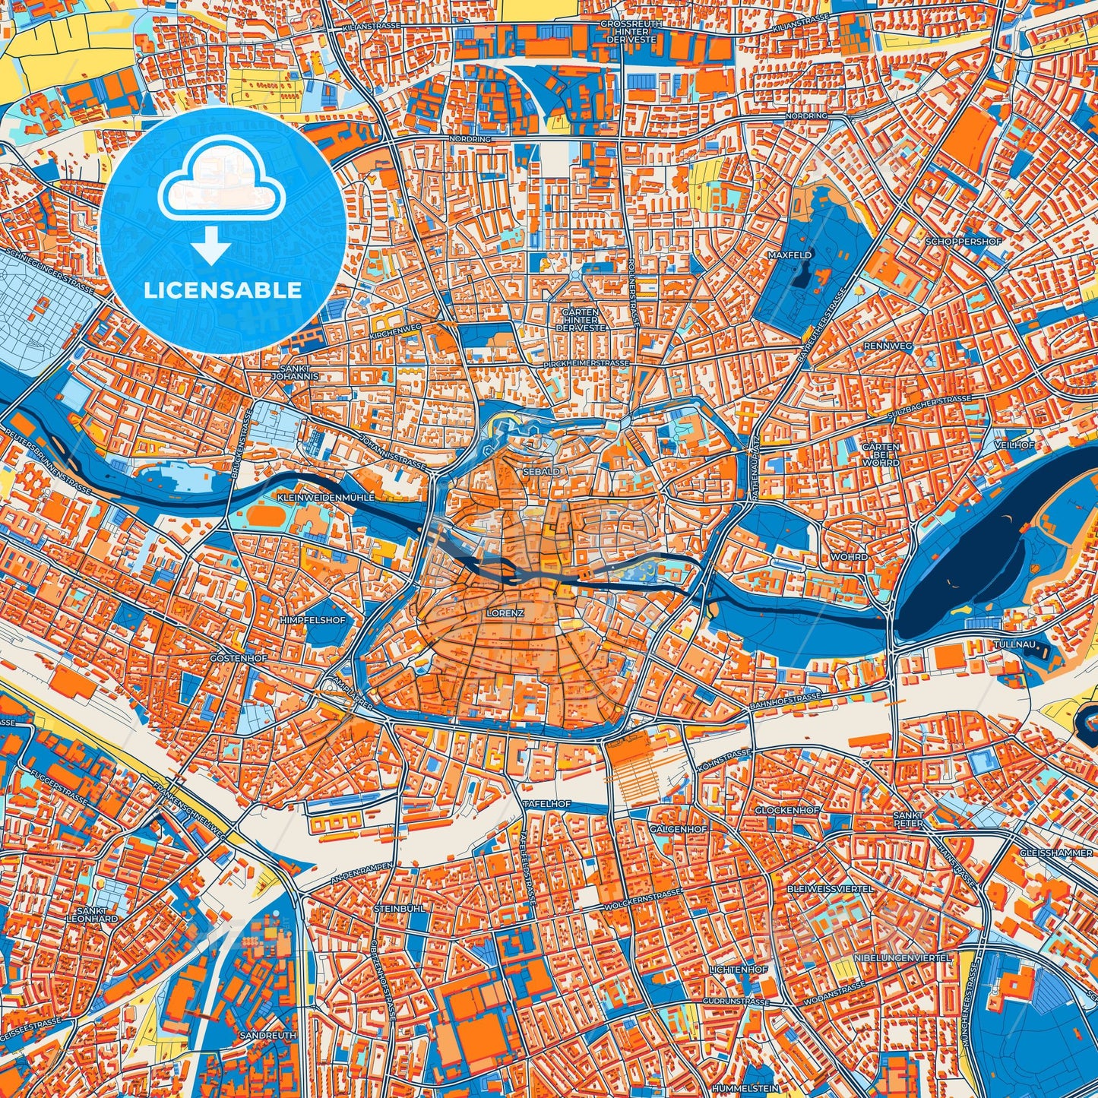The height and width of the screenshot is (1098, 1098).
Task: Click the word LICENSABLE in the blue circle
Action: (x=222, y=290)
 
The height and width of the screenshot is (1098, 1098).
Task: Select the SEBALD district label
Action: (x=541, y=472)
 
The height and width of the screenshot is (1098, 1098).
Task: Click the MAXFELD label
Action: (x=789, y=255)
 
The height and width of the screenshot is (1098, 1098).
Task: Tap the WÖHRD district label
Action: (x=850, y=557)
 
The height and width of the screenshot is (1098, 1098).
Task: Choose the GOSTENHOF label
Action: (x=239, y=658)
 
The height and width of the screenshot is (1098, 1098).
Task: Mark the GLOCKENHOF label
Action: (x=786, y=811)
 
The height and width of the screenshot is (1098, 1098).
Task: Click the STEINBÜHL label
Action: (x=399, y=908)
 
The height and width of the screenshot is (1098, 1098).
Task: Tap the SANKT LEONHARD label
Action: (x=97, y=914)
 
